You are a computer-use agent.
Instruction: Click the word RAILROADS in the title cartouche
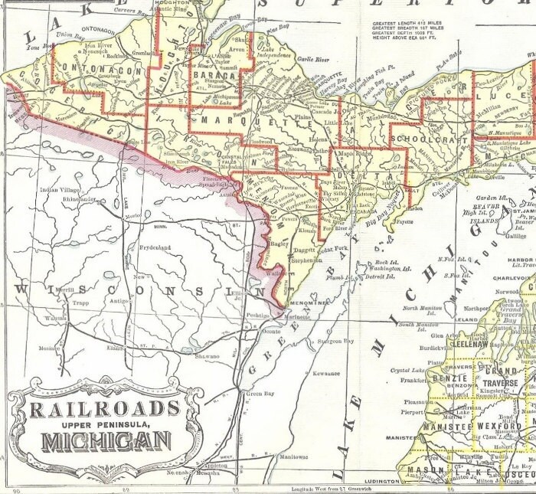click(104, 408)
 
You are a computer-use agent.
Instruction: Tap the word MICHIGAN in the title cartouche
click(106, 442)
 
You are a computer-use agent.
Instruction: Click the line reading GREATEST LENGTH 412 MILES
click(407, 24)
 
